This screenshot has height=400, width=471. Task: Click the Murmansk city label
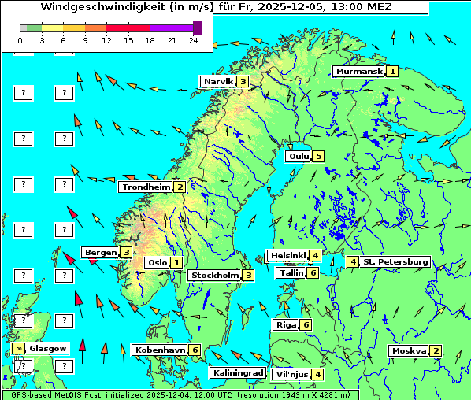[359, 72]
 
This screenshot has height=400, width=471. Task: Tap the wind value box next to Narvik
[243, 82]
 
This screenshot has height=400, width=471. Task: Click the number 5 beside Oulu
[318, 156]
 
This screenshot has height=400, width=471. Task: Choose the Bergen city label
[100, 252]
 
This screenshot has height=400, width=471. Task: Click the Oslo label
[157, 263]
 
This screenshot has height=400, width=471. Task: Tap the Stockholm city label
[214, 275]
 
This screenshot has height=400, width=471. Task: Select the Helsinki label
[287, 255]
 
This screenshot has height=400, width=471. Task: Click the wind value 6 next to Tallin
[313, 272]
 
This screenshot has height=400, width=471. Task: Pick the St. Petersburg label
[395, 261]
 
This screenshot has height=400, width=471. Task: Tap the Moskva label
[409, 350]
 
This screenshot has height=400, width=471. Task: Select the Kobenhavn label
[160, 350]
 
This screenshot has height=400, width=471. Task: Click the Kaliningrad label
[237, 373]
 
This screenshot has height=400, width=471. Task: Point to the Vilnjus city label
[291, 374]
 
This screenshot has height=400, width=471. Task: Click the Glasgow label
[48, 348]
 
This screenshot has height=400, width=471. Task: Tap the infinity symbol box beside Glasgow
[18, 348]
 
